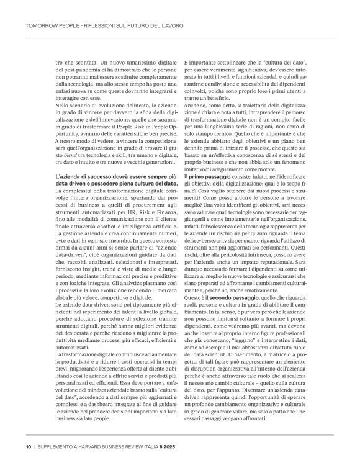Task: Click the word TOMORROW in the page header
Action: [x=38, y=25]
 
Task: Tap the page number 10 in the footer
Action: [x=29, y=445]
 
